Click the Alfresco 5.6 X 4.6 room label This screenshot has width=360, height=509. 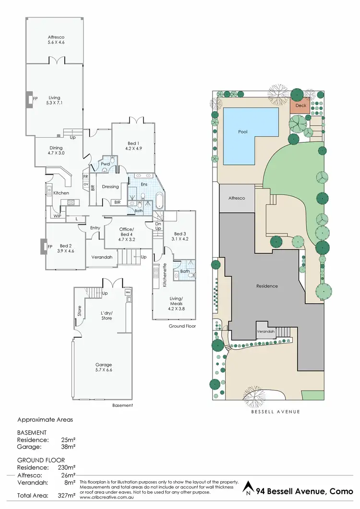[x=56, y=39]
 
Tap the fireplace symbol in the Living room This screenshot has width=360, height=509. [x=29, y=99]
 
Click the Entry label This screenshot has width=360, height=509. [x=95, y=228]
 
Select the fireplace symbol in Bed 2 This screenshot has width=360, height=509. [x=42, y=247]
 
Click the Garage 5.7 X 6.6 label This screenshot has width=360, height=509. [x=103, y=367]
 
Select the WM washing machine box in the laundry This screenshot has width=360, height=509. [x=128, y=292]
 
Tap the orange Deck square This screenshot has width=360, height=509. [x=300, y=106]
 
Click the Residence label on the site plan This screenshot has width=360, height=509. [x=266, y=286]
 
